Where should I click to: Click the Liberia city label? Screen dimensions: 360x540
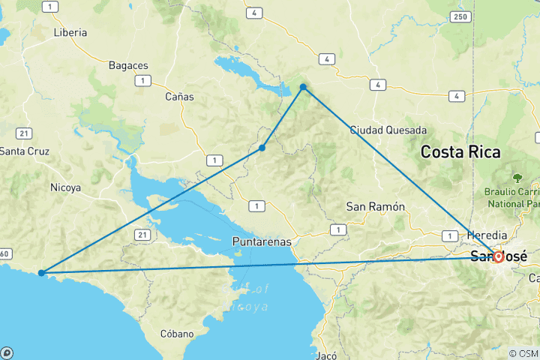(70, 33)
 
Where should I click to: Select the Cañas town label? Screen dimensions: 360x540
(179, 97)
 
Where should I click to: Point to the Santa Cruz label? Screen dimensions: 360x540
(24, 151)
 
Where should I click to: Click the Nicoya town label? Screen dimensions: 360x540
(65, 187)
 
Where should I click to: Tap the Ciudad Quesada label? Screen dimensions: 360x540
(388, 130)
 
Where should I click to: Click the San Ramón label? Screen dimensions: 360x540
(375, 206)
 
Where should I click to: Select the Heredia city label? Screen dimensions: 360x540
(487, 235)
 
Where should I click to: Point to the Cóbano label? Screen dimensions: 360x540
(177, 334)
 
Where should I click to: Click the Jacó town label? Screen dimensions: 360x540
(328, 355)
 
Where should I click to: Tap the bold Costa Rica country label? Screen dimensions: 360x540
(460, 151)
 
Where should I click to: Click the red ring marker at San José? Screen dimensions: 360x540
(497, 256)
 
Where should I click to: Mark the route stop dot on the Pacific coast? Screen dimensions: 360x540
(41, 273)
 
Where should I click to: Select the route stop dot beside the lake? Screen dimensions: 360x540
(303, 88)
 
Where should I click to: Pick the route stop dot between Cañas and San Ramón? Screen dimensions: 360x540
(262, 148)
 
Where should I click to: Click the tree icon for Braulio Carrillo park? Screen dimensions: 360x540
(517, 178)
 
